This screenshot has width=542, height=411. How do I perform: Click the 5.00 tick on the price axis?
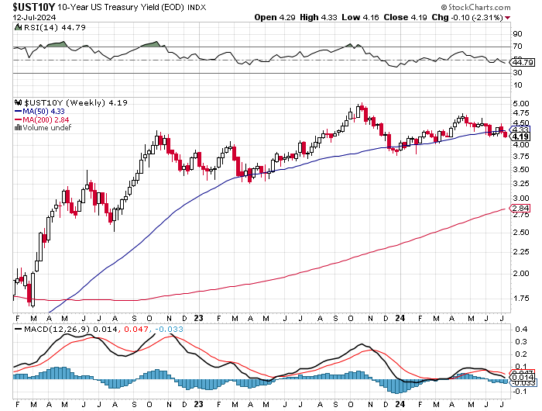click(x=520, y=104)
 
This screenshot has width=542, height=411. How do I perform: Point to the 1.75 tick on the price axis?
click(x=520, y=298)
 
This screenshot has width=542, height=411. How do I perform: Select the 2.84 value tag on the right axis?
click(x=520, y=209)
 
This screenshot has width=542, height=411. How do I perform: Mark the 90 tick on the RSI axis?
click(x=516, y=33)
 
